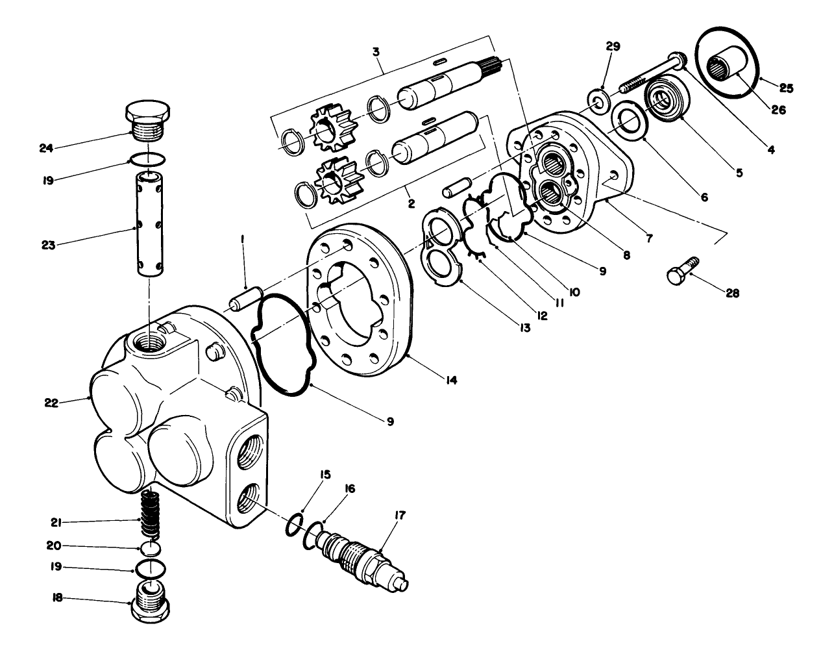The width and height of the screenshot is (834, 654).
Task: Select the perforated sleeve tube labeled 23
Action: coord(151,224)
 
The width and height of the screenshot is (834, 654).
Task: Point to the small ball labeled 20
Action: coord(151,548)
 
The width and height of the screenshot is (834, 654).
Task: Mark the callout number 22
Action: coord(51,403)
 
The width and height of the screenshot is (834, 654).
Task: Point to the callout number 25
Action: coord(787,86)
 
